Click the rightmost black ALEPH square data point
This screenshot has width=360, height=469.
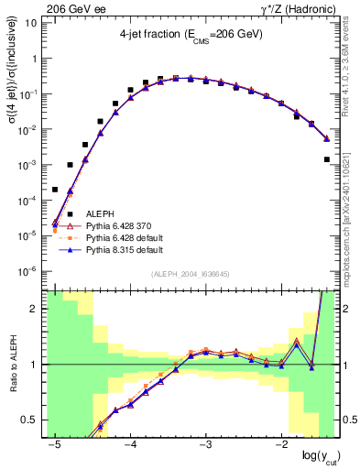327,159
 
